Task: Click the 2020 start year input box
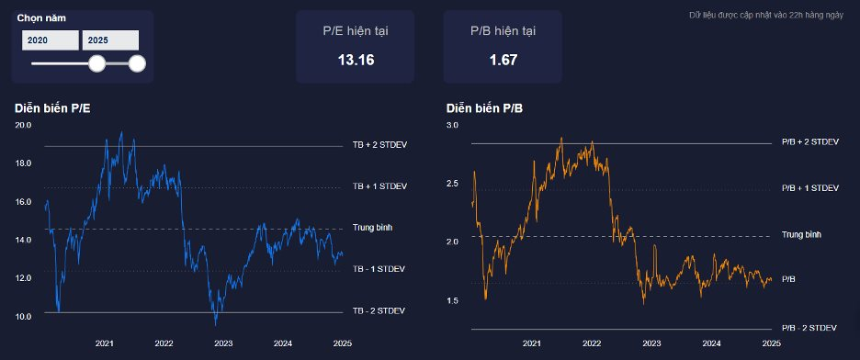(x=51, y=40)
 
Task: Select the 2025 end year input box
(x=110, y=40)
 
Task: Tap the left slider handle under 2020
(x=97, y=63)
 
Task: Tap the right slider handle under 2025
(x=137, y=63)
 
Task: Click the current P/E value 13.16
(x=356, y=61)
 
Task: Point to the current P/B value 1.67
(x=504, y=61)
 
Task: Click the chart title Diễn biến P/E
(x=52, y=108)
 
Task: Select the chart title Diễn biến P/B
(x=485, y=108)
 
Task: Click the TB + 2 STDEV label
(x=379, y=145)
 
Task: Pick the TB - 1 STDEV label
(x=379, y=269)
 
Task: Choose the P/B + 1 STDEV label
(x=810, y=188)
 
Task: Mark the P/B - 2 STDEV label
(x=809, y=328)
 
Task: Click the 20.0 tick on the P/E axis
(x=24, y=125)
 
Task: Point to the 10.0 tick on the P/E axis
(x=24, y=316)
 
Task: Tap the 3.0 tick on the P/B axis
(x=452, y=125)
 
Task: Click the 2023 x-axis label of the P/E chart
(x=223, y=343)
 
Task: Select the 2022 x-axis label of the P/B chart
(x=592, y=343)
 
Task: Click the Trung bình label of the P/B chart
(x=801, y=234)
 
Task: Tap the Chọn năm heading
(x=41, y=18)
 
